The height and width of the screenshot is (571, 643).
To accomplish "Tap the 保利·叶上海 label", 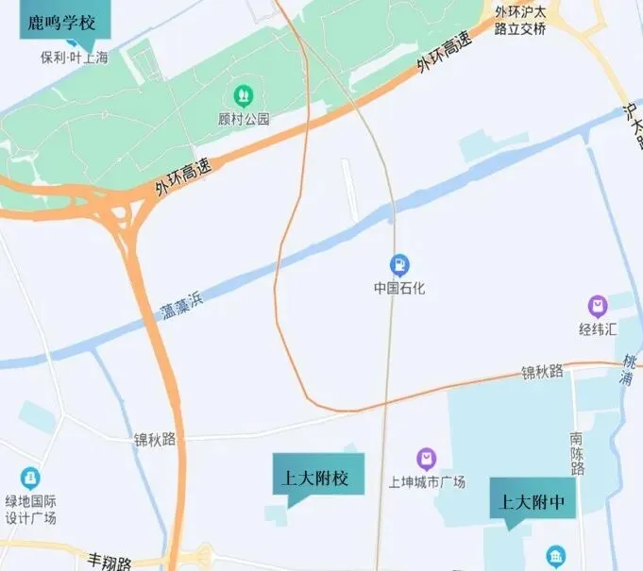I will tap(74, 58).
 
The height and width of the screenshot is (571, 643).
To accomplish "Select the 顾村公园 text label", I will tap(244, 119).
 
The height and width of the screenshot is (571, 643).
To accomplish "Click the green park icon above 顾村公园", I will tap(243, 95).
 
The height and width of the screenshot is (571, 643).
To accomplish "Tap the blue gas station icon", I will tap(399, 263).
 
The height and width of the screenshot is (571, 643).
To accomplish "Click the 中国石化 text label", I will tap(399, 287).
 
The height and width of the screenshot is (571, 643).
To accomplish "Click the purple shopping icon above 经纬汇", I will tap(597, 306).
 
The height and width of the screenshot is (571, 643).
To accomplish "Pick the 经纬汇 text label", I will tap(598, 329).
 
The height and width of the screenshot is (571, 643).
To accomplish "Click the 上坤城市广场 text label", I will tap(427, 482).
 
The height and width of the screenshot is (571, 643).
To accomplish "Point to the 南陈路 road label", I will tap(577, 453).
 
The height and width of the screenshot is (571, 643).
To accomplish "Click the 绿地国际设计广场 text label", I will tap(31, 511).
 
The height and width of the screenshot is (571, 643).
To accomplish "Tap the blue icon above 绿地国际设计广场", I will tap(31, 479).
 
